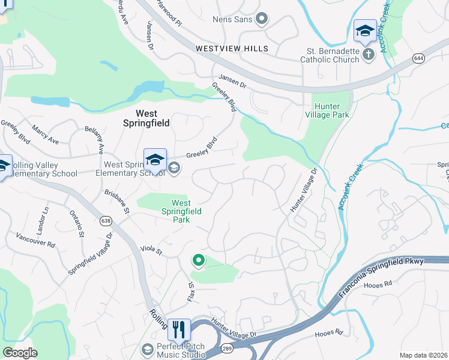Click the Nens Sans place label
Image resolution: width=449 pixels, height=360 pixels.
point(232,19)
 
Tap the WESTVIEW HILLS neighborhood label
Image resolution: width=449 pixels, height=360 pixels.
point(231,48)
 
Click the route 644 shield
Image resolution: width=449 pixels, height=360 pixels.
point(418,58)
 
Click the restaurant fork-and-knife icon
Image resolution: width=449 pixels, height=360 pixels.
point(179,330)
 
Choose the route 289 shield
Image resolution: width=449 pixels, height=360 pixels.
point(228,348)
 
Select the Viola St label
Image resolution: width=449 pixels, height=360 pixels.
point(151,249)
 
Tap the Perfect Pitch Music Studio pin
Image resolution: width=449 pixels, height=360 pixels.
point(147,349)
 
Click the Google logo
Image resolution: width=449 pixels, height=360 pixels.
point(20,353)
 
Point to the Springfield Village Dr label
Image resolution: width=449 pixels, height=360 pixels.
point(90,256)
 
